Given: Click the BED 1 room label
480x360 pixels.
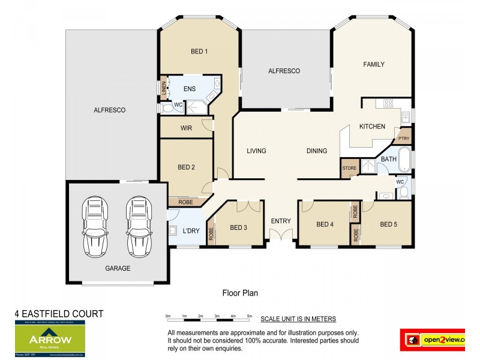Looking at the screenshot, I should click(x=199, y=52).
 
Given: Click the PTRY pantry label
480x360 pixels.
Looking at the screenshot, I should click(x=404, y=139).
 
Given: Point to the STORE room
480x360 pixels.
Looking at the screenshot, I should click(x=349, y=168).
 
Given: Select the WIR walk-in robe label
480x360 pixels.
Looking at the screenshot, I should click(x=186, y=128).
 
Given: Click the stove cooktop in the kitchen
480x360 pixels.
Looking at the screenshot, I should click(x=388, y=103).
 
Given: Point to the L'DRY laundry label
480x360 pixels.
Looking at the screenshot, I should click(x=191, y=231).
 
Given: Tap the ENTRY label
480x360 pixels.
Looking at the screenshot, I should click(x=281, y=221).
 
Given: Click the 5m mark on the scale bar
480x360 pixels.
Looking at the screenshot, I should click(x=249, y=316).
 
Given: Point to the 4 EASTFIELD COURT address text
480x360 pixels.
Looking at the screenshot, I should click(x=59, y=314).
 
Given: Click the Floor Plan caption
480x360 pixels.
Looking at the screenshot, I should click(x=239, y=293).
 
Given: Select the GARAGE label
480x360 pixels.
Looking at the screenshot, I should click(x=118, y=268).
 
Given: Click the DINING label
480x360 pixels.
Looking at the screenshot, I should click(x=317, y=151).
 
